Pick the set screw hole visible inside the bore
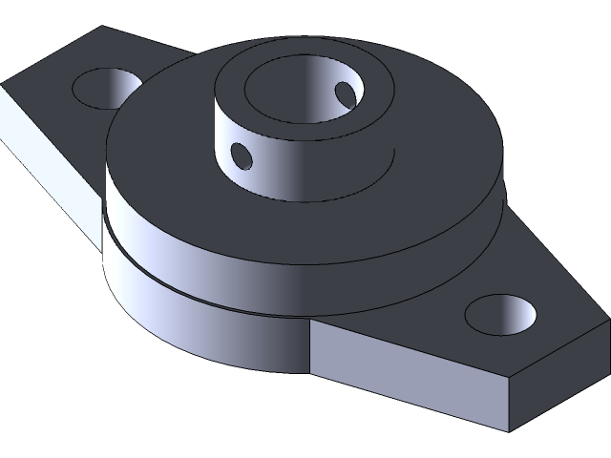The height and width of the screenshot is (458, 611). point(344,93)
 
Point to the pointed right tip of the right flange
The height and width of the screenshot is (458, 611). point(608,324)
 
